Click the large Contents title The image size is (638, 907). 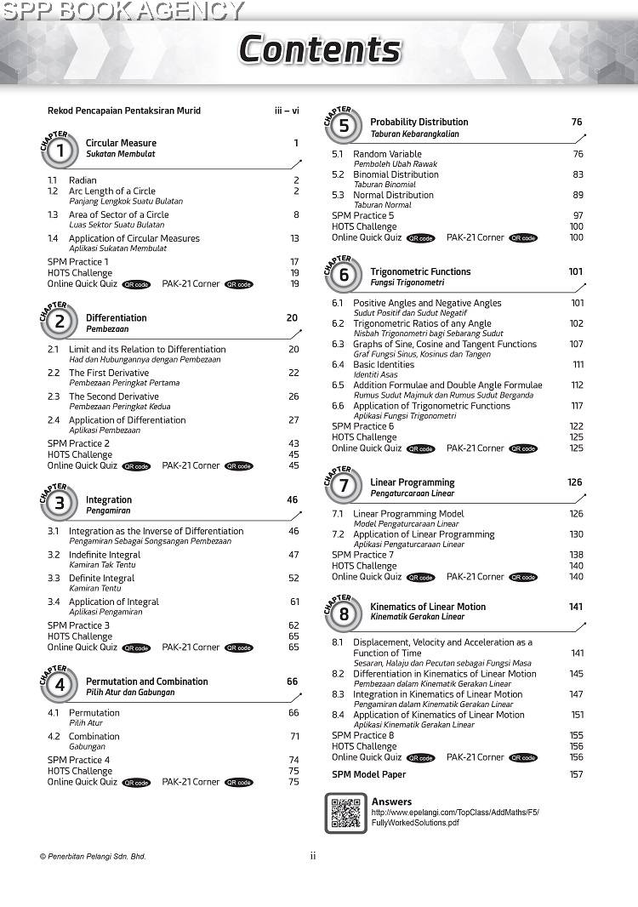tap(319, 49)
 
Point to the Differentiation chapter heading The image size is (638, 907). tap(116, 318)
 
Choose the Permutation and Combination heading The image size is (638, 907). tap(146, 682)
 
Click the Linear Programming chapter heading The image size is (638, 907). tap(412, 482)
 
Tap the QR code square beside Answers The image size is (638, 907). tap(345, 813)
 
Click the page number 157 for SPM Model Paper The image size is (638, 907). tap(576, 774)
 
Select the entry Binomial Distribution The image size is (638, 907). tap(396, 174)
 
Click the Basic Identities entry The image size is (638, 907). tap(384, 364)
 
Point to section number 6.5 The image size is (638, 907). tap(338, 385)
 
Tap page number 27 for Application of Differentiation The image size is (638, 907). tap(293, 420)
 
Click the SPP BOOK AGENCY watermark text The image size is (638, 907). tap(122, 11)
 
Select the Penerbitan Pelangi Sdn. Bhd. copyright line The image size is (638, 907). tap(93, 856)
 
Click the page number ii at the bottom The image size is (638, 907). tap(313, 856)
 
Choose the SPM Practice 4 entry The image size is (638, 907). tap(78, 760)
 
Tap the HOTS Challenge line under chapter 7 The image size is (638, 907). tap(364, 566)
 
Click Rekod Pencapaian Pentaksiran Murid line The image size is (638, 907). tap(124, 111)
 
